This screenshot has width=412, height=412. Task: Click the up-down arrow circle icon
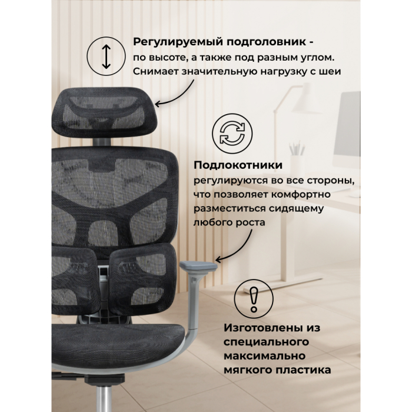pyautogui.click(x=105, y=57)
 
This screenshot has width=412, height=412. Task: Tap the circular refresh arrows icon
pyautogui.click(x=228, y=131)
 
